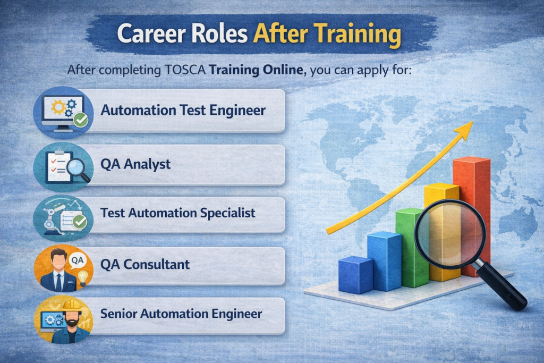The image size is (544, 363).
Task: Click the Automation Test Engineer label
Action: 183,111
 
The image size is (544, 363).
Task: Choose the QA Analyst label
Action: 135,164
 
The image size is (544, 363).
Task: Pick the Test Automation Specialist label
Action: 177,213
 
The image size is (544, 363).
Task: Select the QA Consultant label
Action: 144,264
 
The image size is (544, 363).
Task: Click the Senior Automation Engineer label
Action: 181,314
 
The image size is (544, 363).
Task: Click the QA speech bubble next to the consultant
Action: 78,260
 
